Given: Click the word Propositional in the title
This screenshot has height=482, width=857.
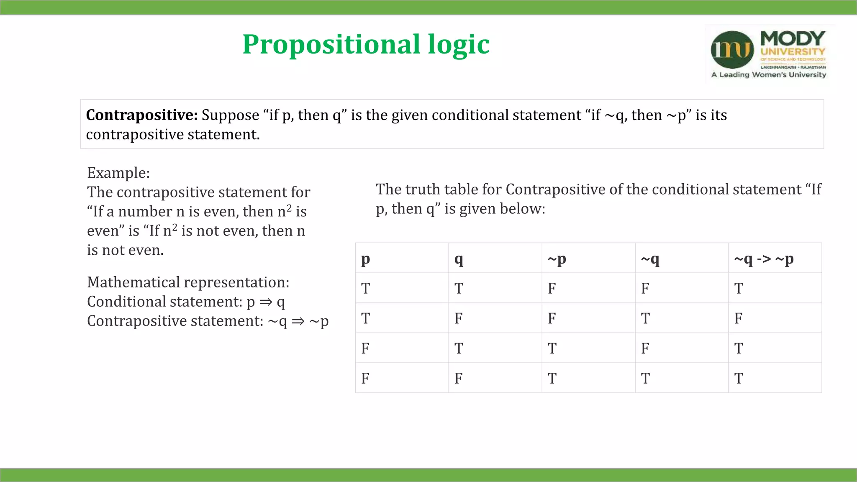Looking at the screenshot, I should pos(331,44).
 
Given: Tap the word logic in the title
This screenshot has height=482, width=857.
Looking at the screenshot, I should pos(459,44).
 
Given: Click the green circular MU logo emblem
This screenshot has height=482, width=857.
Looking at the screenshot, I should pos(732,50).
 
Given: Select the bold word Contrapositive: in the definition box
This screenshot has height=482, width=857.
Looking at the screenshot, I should pos(142,115).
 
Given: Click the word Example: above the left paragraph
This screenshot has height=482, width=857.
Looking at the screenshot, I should pos(118,173).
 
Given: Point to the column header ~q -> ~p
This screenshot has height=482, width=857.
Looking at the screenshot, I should pos(764,259).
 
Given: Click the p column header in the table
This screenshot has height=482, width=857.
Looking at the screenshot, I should pos(365,259).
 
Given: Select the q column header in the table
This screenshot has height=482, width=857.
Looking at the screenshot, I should pos(459,259).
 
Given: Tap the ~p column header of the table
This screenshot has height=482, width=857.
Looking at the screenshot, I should pos(557,259).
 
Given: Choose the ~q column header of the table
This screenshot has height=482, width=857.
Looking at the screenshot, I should pos(650,259).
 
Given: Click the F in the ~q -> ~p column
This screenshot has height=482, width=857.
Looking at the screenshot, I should pos(738,318).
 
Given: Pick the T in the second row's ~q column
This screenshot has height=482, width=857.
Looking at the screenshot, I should pos(645,318).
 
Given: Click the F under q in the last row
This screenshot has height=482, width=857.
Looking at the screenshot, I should pos(459,378).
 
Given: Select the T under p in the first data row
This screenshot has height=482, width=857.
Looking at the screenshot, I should pos(365,288).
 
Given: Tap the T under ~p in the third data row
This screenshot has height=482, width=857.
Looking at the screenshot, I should pos(552,348).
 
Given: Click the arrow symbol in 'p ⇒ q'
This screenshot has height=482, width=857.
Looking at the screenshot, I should pos(266,302).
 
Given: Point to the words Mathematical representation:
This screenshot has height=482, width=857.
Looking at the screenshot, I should pos(188,282).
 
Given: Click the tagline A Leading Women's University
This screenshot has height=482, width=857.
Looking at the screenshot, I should pos(769,75).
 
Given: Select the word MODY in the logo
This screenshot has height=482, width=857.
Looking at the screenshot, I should pos(793,39).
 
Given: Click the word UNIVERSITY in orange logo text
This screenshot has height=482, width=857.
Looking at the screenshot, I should pos(793,52).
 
